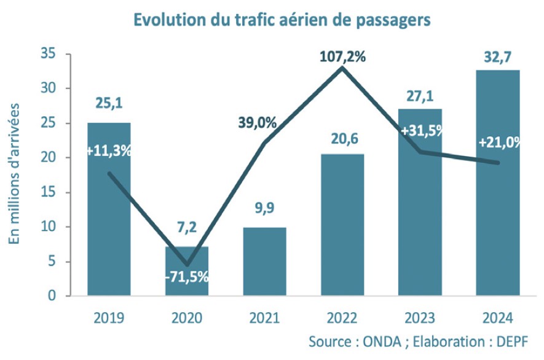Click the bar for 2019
109,209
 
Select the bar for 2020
187,271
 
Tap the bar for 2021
265,262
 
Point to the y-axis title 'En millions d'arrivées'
14,174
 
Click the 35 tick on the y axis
47,54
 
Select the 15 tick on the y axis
47,193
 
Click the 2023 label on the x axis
420,318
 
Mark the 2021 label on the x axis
265,318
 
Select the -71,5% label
187,276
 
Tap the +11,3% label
109,151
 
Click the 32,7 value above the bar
498,60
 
